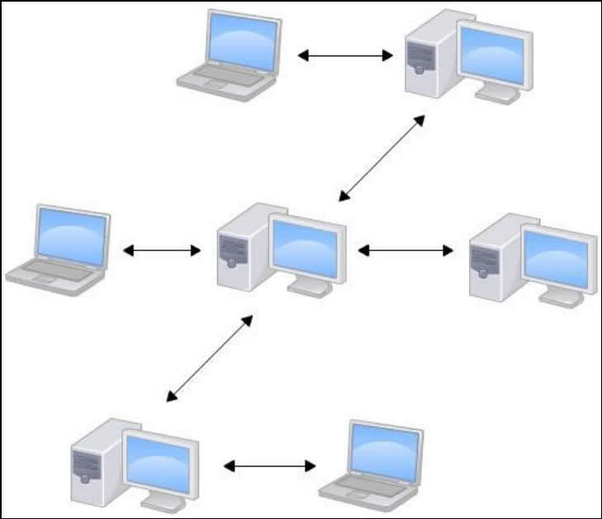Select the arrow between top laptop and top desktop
point(344,55)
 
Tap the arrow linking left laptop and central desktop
point(162,249)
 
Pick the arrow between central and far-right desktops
point(405,249)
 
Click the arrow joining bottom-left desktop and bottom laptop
point(270,466)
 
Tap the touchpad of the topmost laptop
point(214,83)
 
